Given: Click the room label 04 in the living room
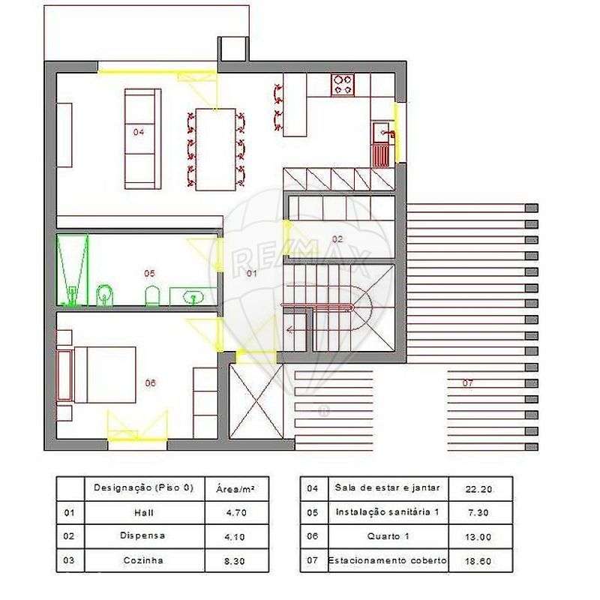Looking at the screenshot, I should (139, 131).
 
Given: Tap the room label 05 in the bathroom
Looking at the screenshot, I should (149, 273).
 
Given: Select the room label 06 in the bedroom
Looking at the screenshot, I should (150, 382).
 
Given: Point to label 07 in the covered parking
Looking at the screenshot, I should (468, 383).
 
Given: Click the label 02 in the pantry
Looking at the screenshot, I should (337, 239).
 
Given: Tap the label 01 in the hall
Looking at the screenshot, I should (252, 274).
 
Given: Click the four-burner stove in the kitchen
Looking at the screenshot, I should (343, 84).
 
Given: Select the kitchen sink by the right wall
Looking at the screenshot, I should (382, 134).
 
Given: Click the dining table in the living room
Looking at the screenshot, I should (216, 149).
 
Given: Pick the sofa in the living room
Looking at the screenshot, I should (142, 138).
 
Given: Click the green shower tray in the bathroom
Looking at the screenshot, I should (73, 270).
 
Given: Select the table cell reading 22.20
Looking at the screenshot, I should (478, 489).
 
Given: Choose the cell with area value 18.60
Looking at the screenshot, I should (478, 560).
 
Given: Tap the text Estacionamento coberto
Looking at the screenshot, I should (388, 560).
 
